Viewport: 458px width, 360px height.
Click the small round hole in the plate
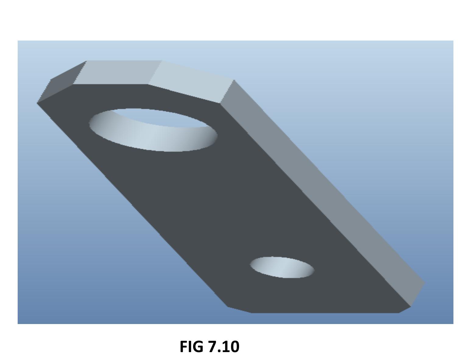click(282, 267)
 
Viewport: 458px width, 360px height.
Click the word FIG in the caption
click(192, 347)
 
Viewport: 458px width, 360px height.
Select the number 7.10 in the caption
click(224, 347)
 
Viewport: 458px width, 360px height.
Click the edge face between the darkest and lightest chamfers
click(117, 72)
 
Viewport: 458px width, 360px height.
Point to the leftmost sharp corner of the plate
click(37, 103)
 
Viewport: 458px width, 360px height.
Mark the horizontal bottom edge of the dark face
click(324, 313)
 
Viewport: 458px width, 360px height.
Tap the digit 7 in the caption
click(212, 347)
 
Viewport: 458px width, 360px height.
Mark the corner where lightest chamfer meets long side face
click(233, 80)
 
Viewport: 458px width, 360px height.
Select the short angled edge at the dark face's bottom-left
click(239, 310)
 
